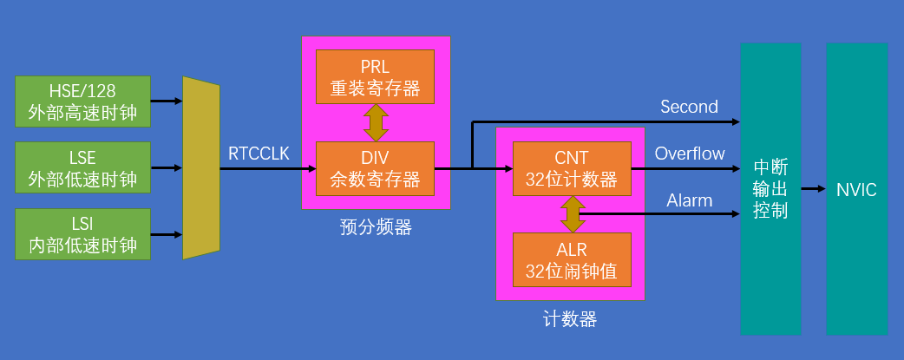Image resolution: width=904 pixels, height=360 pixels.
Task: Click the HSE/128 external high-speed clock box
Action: click(x=82, y=101)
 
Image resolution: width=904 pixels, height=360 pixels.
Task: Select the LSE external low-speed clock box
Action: click(x=82, y=168)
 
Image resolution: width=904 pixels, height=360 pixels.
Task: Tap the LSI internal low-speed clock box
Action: click(x=82, y=234)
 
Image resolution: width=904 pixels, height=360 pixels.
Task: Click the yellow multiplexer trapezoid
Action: click(x=201, y=167)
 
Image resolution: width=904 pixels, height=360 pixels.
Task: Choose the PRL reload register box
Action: click(x=375, y=76)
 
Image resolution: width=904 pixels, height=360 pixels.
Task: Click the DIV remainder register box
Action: click(x=375, y=168)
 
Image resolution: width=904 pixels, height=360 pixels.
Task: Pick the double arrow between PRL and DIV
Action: click(x=376, y=122)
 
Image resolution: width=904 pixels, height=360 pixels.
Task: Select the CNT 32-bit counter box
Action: click(x=571, y=168)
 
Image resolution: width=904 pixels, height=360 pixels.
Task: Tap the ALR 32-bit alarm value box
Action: click(x=571, y=260)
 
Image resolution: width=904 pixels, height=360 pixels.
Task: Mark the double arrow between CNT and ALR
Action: click(x=571, y=214)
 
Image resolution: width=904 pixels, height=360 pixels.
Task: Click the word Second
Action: click(x=689, y=107)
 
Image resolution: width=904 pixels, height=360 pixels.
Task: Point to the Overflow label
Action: click(x=690, y=154)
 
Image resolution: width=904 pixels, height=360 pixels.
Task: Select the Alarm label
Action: click(x=690, y=200)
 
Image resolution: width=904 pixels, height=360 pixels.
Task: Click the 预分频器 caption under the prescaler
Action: click(x=375, y=228)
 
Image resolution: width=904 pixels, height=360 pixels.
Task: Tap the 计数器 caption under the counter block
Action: click(x=570, y=319)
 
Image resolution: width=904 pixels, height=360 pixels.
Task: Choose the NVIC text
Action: click(x=856, y=189)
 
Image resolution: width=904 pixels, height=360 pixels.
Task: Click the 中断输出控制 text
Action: click(x=770, y=189)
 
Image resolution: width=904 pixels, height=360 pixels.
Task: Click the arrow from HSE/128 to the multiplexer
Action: click(x=167, y=101)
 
